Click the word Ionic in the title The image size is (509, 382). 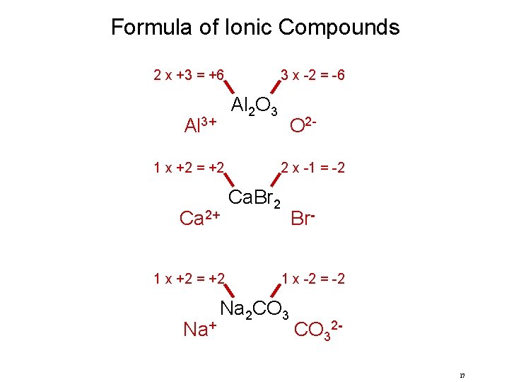coord(251,28)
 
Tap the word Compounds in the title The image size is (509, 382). coord(339,28)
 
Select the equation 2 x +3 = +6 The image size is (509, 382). coord(189,74)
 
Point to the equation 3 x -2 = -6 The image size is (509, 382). coord(312,74)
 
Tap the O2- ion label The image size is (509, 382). coord(303,125)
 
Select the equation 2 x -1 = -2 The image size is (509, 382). coord(312,168)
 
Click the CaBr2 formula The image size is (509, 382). coord(255,199)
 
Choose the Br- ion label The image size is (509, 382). coord(302,218)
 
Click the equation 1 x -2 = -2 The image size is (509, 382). coord(312,279)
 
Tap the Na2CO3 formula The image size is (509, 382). coord(255,309)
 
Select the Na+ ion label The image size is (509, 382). coord(199,328)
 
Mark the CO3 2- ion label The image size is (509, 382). coord(318,329)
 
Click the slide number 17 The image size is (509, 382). coord(462,374)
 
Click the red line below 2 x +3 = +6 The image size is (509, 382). coord(229,91)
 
